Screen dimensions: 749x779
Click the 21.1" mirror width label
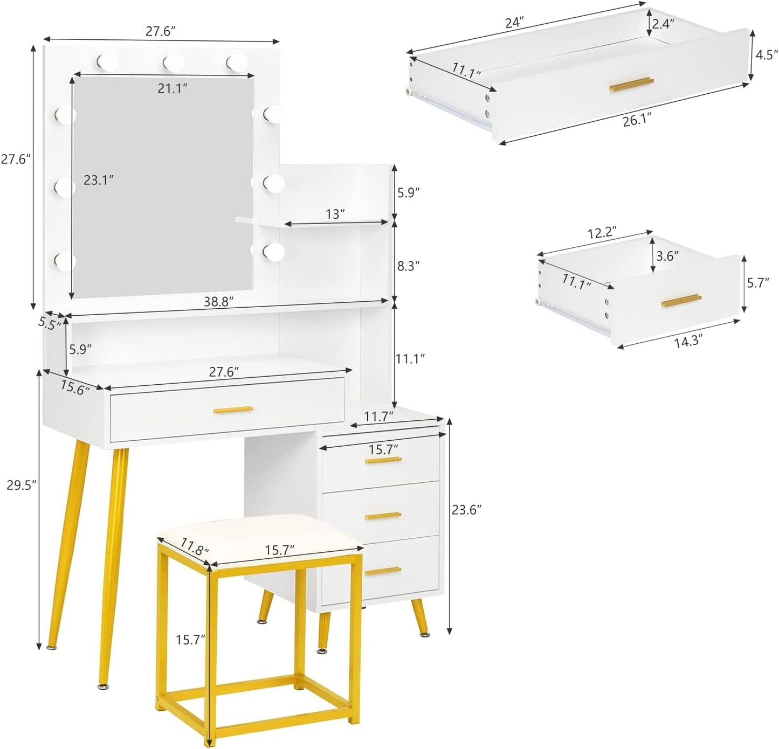coord(173,88)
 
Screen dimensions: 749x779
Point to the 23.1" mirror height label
coord(99,181)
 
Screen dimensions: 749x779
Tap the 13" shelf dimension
coord(335,214)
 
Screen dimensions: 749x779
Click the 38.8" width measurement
coord(218,302)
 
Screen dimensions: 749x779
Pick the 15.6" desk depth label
coord(75,387)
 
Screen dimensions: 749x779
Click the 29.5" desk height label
coord(21,485)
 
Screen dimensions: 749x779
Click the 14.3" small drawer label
coord(688,342)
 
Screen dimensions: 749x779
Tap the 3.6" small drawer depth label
coord(667,256)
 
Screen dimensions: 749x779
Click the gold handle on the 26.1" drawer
coord(631,84)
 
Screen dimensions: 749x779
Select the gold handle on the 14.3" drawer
coord(681,301)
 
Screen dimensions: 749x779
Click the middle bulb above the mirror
coord(173,63)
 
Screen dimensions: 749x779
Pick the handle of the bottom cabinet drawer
coord(383,571)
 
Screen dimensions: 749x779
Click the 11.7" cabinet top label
coord(378,415)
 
